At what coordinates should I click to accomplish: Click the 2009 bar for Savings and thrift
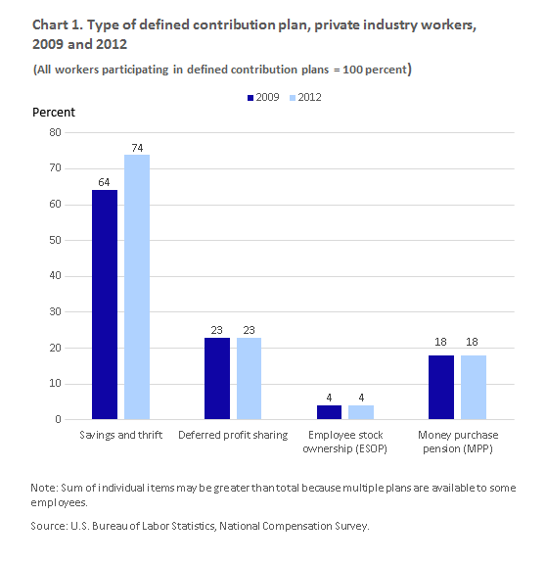[x=105, y=305]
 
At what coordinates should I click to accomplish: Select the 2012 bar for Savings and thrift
[x=137, y=287]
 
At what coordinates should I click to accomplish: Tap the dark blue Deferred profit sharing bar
[x=217, y=378]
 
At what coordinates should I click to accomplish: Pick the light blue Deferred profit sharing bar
[x=250, y=378]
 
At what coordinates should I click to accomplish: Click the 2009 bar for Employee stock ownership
[x=329, y=412]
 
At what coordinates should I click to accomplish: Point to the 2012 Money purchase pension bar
[x=474, y=387]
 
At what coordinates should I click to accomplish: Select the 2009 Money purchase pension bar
[x=441, y=387]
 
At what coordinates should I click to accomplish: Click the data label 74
[x=137, y=148]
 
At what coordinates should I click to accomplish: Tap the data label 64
[x=105, y=182]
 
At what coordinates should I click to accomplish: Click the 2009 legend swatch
[x=250, y=98]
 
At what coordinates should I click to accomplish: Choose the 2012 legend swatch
[x=293, y=98]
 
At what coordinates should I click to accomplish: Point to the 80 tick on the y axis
[x=56, y=132]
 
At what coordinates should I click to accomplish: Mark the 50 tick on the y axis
[x=56, y=240]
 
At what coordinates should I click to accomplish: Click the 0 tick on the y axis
[x=59, y=419]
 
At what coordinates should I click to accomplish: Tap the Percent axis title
[x=54, y=113]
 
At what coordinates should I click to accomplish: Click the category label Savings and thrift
[x=121, y=435]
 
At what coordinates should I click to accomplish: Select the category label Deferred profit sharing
[x=233, y=435]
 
